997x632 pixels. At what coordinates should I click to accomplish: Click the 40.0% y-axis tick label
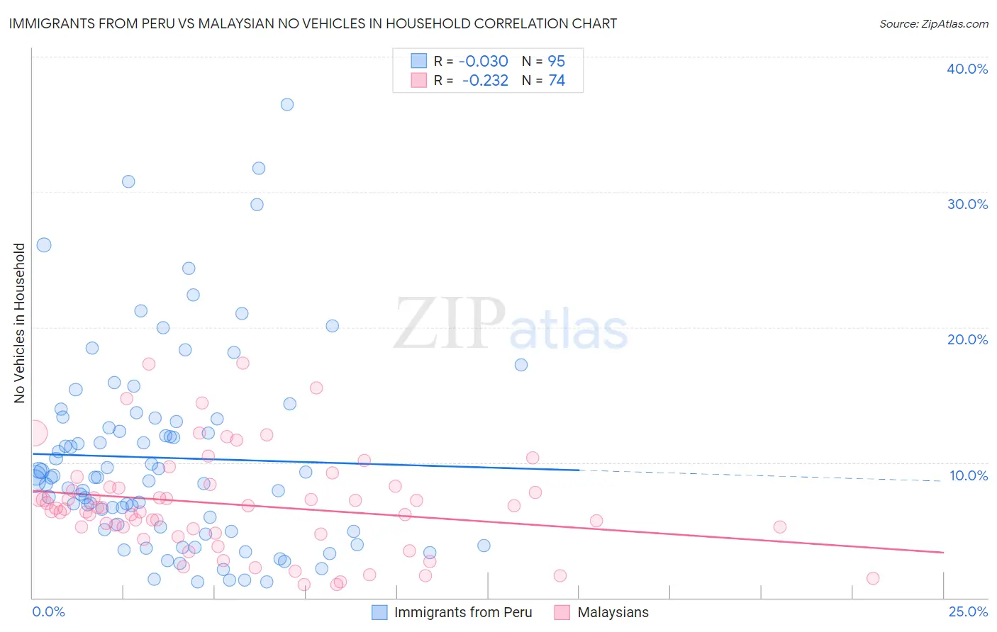[x=967, y=69]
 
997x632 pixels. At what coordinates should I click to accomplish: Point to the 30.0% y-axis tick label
[x=967, y=204]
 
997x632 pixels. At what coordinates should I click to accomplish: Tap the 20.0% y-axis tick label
[x=967, y=339]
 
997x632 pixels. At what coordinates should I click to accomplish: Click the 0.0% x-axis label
[x=48, y=611]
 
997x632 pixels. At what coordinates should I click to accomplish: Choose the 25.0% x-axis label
[x=967, y=611]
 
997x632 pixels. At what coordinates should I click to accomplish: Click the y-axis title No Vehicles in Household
[x=19, y=323]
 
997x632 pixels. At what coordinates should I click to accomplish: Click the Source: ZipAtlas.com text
[x=933, y=23]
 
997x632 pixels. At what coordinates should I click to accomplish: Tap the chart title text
[x=313, y=23]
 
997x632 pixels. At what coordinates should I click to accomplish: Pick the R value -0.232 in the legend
[x=485, y=81]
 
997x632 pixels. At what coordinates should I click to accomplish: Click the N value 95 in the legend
[x=556, y=61]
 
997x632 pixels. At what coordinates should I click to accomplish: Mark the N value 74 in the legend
[x=556, y=81]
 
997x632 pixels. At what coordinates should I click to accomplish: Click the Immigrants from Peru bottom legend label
[x=462, y=612]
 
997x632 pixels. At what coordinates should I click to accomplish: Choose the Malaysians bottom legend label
[x=613, y=612]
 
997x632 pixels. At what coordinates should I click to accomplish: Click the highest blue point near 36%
[x=287, y=104]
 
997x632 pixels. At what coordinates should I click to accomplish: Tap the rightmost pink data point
[x=873, y=578]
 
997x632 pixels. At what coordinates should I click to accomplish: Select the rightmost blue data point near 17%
[x=521, y=365]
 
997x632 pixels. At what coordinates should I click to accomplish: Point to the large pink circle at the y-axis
[x=34, y=432]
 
